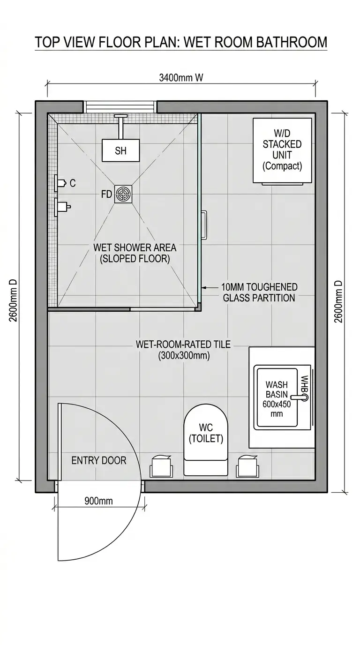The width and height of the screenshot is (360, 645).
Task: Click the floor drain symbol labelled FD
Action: pyautogui.click(x=123, y=194)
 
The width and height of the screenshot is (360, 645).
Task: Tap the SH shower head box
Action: pyautogui.click(x=120, y=150)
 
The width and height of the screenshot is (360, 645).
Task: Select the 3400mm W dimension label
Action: pyautogui.click(x=181, y=78)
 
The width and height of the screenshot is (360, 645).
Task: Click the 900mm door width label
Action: pyautogui.click(x=98, y=501)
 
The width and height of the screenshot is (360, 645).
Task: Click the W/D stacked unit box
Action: pyautogui.click(x=282, y=150)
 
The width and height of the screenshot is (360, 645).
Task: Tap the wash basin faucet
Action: pyautogui.click(x=300, y=397)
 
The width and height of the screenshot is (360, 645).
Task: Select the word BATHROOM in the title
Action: pyautogui.click(x=292, y=42)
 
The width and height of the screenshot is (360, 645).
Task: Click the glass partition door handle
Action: pyautogui.click(x=204, y=225)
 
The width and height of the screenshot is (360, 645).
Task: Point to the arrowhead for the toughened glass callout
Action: pyautogui.click(x=204, y=287)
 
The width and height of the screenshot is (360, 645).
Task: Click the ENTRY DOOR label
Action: pyautogui.click(x=99, y=460)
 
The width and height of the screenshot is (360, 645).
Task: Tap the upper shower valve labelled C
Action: pyautogui.click(x=61, y=183)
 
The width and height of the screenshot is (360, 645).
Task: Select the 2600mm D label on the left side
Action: pyautogui.click(x=13, y=300)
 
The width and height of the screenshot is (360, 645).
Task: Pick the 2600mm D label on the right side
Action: pyautogui.click(x=339, y=301)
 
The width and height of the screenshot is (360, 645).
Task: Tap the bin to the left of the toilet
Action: pyautogui.click(x=161, y=466)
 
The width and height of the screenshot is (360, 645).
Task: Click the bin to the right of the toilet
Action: pyautogui.click(x=247, y=466)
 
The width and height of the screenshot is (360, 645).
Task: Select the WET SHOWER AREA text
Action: pyautogui.click(x=135, y=247)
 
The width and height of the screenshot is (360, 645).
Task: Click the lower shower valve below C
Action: pyautogui.click(x=62, y=207)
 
